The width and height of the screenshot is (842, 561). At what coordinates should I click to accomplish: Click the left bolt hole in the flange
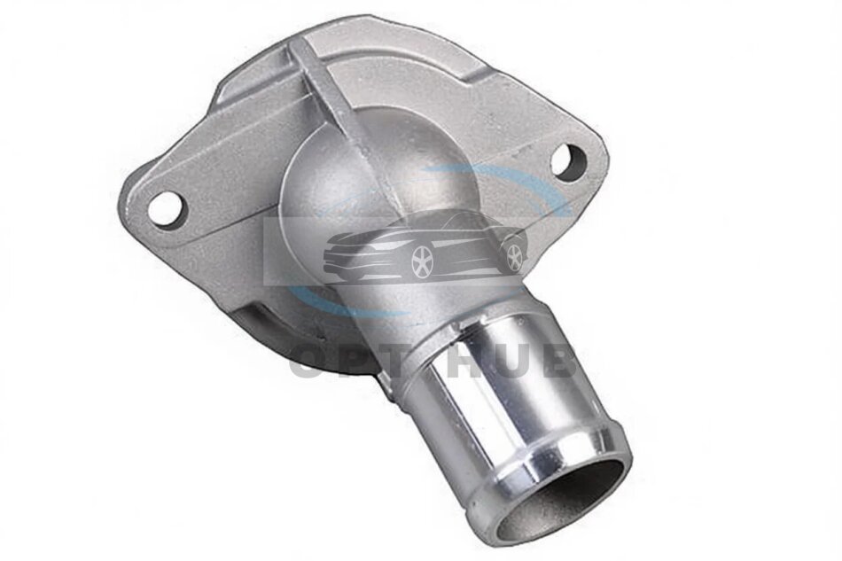coord(167,210)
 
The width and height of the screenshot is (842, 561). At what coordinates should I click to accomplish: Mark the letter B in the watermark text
coord(559,364)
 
